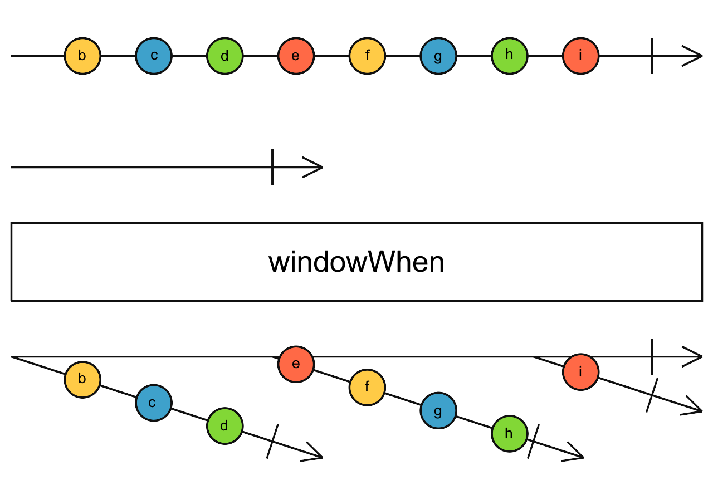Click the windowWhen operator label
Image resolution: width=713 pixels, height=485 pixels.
[356, 262]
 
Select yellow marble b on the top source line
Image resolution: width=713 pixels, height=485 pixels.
[82, 56]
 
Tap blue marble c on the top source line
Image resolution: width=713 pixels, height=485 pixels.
[154, 56]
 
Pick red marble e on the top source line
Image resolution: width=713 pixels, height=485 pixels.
[296, 56]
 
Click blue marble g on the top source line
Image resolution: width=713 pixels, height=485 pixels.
[438, 56]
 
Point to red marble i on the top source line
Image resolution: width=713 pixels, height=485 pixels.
[580, 56]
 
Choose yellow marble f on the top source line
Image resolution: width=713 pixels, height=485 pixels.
[367, 56]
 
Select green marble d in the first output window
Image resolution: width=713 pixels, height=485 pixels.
[224, 427]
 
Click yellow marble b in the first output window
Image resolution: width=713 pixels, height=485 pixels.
[82, 379]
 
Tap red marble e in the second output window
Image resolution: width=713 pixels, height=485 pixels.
[296, 364]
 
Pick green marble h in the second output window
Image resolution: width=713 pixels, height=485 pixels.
[509, 434]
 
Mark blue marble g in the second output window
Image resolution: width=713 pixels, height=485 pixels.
[438, 411]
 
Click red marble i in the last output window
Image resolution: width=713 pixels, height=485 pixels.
[580, 371]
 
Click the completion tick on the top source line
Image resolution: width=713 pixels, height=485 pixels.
[652, 56]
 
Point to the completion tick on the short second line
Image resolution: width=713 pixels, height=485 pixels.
[272, 167]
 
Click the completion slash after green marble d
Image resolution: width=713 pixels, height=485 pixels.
[272, 442]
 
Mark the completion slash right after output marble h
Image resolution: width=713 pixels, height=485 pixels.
[534, 442]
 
